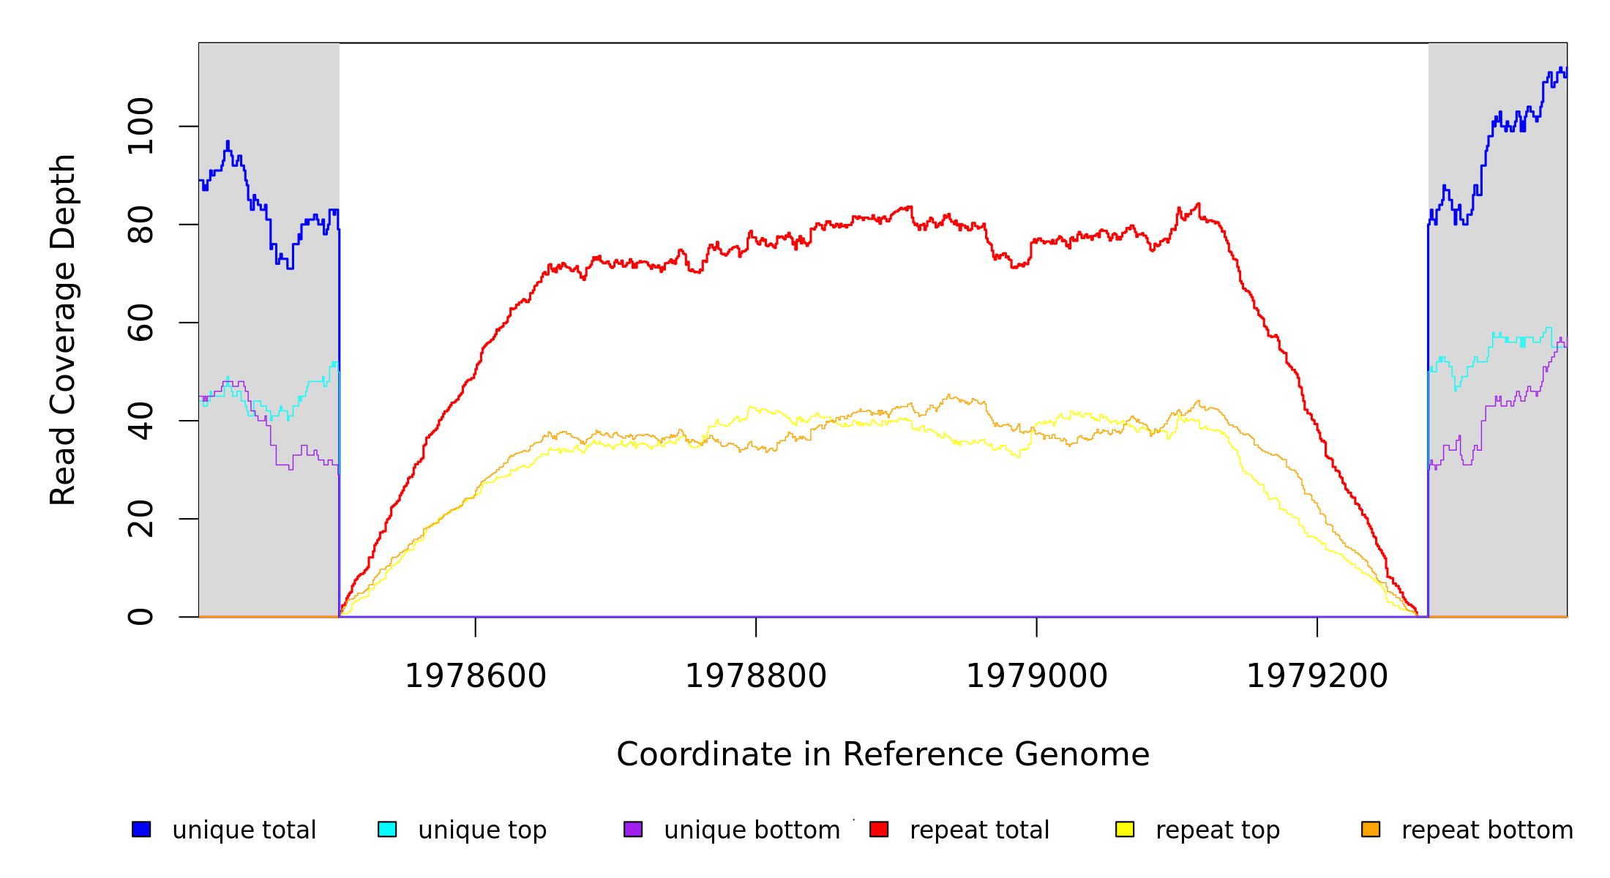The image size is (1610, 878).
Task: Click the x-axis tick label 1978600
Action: pyautogui.click(x=475, y=676)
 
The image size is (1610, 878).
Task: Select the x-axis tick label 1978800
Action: pyautogui.click(x=755, y=676)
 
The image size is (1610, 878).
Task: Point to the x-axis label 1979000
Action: pyautogui.click(x=1036, y=676)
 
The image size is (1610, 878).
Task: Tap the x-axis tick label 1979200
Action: pyautogui.click(x=1317, y=676)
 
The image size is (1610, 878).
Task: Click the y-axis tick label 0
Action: pyautogui.click(x=141, y=617)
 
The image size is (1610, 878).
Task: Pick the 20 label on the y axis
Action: pyautogui.click(x=141, y=519)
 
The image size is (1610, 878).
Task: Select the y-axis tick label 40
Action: pyautogui.click(x=141, y=421)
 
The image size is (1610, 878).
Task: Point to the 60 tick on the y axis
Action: pyautogui.click(x=141, y=323)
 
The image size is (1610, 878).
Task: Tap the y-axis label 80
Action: pyautogui.click(x=141, y=225)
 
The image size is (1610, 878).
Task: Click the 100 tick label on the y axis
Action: pyautogui.click(x=141, y=127)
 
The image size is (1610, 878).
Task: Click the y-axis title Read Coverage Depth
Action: pyautogui.click(x=63, y=329)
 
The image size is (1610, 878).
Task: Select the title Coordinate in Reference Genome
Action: pyautogui.click(x=883, y=754)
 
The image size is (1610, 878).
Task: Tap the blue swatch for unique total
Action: pyautogui.click(x=141, y=829)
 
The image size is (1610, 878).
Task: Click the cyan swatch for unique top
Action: pyautogui.click(x=387, y=829)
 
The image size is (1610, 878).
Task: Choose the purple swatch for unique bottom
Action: pyautogui.click(x=633, y=829)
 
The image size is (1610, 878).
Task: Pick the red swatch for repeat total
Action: pyautogui.click(x=879, y=829)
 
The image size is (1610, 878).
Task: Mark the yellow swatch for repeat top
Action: pyautogui.click(x=1125, y=829)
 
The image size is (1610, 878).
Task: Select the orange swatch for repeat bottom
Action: pyautogui.click(x=1371, y=829)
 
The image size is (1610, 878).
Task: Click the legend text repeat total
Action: pyautogui.click(x=979, y=830)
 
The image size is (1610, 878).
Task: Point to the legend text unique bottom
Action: pyautogui.click(x=752, y=830)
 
